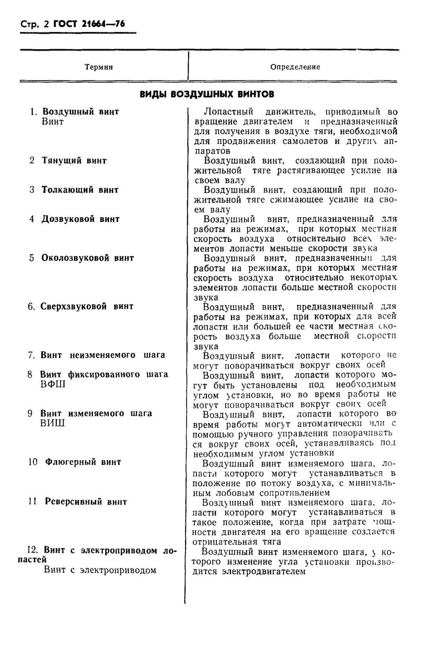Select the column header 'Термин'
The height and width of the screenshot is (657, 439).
(x=98, y=67)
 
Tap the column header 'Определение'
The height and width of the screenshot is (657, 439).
(x=295, y=67)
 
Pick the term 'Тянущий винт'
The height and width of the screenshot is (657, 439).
(x=74, y=161)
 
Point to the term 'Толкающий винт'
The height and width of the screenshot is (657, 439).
(x=80, y=190)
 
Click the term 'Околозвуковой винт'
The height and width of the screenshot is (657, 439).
(x=88, y=258)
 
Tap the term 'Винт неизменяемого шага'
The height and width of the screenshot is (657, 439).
(x=103, y=355)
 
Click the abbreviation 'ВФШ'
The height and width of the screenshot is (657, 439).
(x=54, y=384)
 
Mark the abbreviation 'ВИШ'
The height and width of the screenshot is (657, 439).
(x=53, y=423)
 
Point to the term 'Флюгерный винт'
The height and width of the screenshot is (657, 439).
(x=83, y=462)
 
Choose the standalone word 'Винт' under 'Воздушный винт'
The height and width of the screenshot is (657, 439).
(x=52, y=121)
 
